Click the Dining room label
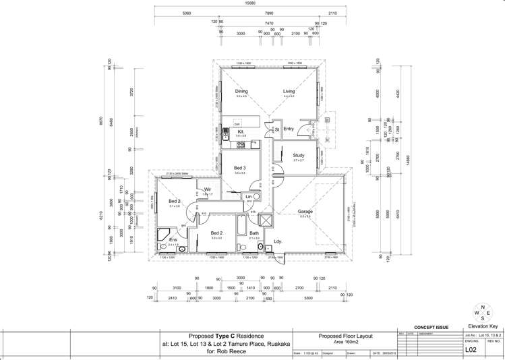241,92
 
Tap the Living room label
289,92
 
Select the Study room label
299,156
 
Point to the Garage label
305,212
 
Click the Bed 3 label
240,168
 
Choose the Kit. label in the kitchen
241,131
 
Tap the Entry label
289,129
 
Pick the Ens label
173,239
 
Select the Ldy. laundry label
277,241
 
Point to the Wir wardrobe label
208,189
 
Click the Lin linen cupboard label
248,196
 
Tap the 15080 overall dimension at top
250,3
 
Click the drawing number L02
471,350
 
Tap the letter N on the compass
483,307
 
